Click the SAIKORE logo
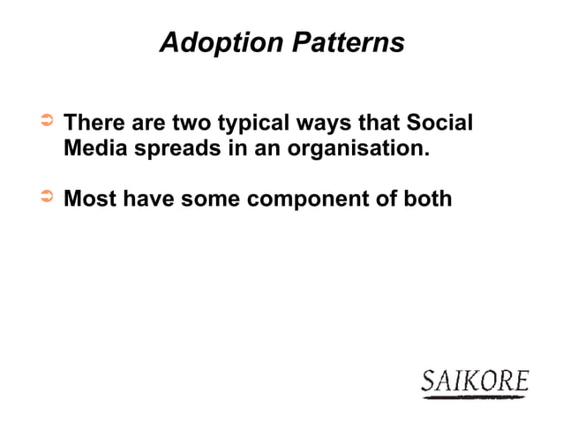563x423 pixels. point(475,382)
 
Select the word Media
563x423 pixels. point(92,147)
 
